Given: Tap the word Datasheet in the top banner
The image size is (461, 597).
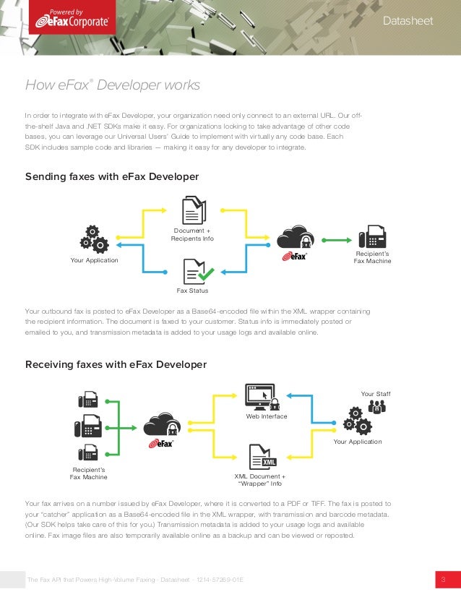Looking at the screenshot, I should pyautogui.click(x=408, y=21).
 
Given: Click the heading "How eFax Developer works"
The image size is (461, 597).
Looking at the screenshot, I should pyautogui.click(x=113, y=86).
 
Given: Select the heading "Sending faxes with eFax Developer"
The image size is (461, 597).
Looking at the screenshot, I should pyautogui.click(x=112, y=176).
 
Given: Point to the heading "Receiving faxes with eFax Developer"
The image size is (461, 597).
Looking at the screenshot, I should pyautogui.click(x=116, y=364).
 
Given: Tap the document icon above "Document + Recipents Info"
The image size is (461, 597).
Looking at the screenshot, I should pyautogui.click(x=193, y=212).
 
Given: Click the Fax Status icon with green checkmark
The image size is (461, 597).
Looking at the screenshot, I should pyautogui.click(x=195, y=271).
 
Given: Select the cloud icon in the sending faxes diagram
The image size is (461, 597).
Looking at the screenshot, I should pyautogui.click(x=295, y=237).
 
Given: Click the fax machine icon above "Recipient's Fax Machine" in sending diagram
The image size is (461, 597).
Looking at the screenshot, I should pyautogui.click(x=372, y=237).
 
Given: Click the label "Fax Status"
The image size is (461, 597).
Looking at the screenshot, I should pyautogui.click(x=192, y=291).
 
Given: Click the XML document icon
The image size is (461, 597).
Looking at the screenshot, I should pyautogui.click(x=262, y=458).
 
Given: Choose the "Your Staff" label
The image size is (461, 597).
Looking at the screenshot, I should pyautogui.click(x=374, y=393).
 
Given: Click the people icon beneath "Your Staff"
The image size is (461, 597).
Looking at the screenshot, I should pyautogui.click(x=376, y=406).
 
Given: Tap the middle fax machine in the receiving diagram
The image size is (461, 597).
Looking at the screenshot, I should pyautogui.click(x=87, y=426).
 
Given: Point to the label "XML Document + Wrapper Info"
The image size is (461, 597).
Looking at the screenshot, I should pyautogui.click(x=260, y=481).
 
